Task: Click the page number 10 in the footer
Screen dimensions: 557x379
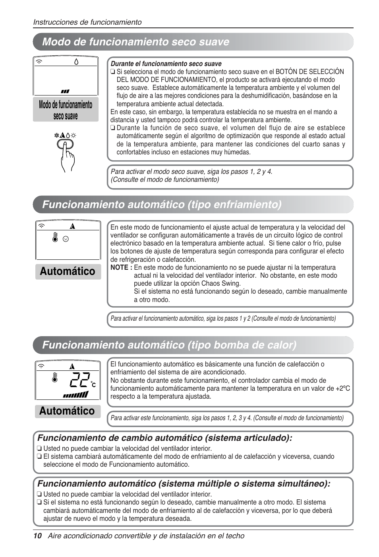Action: pos(37,536)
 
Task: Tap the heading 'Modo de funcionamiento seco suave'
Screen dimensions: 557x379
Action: pos(135,42)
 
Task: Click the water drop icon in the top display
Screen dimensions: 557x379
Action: pos(76,62)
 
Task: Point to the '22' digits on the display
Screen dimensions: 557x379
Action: pos(79,380)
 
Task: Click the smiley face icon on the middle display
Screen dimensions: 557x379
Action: pos(66,239)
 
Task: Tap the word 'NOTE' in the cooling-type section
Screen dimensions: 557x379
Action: pos(119,267)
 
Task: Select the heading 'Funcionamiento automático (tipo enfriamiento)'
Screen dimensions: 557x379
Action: pos(162,204)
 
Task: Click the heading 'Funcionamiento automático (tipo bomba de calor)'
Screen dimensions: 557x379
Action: pos(169,345)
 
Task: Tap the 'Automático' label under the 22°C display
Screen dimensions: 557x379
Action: pos(67,411)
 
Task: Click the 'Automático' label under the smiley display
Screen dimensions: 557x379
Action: pos(68,271)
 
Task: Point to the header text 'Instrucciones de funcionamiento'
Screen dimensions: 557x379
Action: pos(87,22)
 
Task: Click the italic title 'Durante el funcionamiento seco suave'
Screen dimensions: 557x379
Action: pos(166,64)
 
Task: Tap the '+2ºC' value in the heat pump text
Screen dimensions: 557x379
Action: pos(341,388)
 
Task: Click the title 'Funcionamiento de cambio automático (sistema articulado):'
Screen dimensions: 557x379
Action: pos(164,438)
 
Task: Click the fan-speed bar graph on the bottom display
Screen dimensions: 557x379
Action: pos(75,395)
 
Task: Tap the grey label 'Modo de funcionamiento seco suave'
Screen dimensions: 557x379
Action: pos(66,110)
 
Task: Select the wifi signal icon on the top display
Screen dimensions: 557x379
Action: pos(40,62)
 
